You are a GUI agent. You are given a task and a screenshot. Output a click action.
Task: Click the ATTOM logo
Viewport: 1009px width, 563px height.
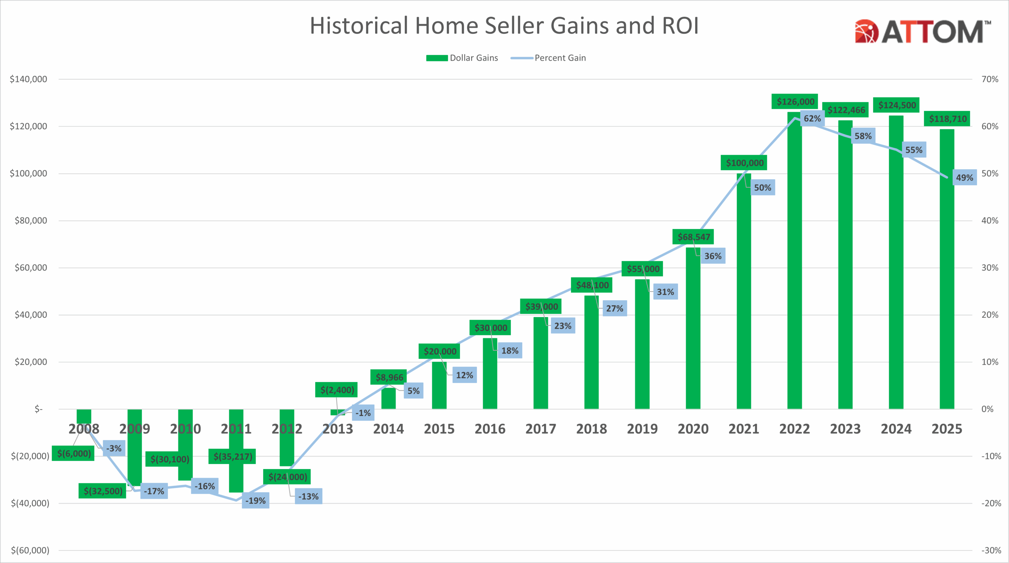coord(922,31)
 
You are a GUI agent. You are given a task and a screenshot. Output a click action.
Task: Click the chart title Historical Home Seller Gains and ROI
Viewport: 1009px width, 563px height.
coord(504,26)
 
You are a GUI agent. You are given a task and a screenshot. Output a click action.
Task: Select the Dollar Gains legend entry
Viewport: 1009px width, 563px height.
coord(462,58)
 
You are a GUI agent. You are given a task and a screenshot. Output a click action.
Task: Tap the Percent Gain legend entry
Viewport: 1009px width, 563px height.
coord(548,58)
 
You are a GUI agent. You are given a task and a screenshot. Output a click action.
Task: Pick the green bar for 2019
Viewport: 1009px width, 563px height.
coord(642,345)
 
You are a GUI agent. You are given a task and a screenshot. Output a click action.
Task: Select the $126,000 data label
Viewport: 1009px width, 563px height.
coord(795,101)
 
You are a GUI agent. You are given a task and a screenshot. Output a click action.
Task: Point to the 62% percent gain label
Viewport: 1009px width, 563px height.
coord(812,119)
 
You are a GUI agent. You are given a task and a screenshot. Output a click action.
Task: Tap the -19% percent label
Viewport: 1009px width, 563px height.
coord(255,501)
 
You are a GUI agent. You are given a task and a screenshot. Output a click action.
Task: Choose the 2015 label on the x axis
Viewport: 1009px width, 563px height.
coord(439,429)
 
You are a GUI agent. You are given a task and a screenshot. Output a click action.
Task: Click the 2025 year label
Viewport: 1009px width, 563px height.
coord(947,429)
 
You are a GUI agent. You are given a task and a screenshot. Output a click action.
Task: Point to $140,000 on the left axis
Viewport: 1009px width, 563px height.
coord(28,79)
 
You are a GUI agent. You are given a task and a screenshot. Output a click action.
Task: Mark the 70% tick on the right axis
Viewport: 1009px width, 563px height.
coord(990,79)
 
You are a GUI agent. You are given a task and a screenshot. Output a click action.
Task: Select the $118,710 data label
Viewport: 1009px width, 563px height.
coord(947,119)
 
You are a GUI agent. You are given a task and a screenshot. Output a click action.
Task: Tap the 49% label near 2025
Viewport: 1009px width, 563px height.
coord(965,177)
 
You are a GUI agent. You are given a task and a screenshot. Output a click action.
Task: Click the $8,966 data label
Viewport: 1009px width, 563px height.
coord(389,377)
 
